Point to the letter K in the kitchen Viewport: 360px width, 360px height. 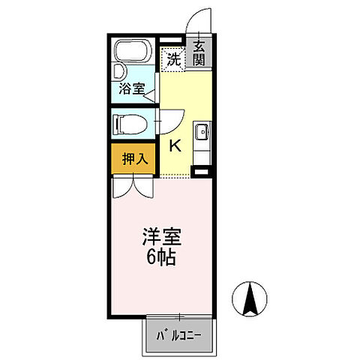click(x=173, y=145)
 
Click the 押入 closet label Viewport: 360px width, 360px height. click(x=134, y=158)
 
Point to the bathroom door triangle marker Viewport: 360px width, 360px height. click(x=151, y=95)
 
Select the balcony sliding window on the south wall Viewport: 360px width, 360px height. click(x=180, y=316)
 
